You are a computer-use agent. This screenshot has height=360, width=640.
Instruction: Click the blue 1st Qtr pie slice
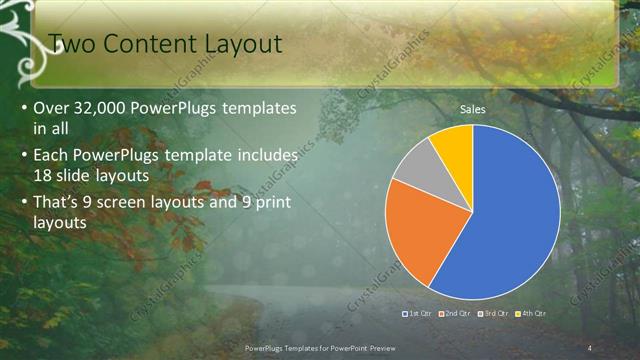pyautogui.click(x=505, y=215)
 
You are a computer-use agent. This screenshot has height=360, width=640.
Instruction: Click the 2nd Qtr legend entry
pyautogui.click(x=454, y=314)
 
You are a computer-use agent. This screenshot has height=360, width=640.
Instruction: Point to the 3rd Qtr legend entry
pyautogui.click(x=492, y=314)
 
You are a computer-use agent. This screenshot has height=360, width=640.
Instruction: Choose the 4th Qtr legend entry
pyautogui.click(x=529, y=314)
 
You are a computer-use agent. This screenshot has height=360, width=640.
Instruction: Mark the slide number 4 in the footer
pyautogui.click(x=591, y=347)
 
